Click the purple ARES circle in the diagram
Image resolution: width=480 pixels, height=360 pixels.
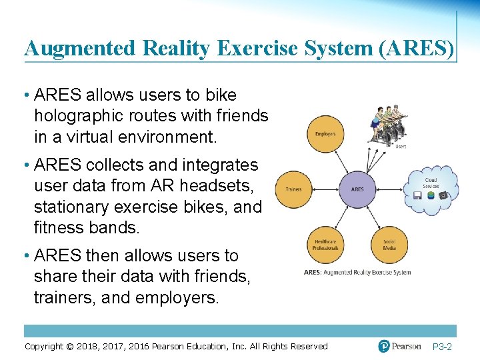click(x=357, y=189)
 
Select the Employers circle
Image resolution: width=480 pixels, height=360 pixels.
click(x=325, y=134)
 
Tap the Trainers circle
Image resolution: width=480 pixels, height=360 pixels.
click(x=293, y=189)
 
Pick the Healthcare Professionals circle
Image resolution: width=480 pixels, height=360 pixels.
click(x=325, y=245)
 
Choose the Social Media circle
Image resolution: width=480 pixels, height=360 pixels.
click(x=389, y=245)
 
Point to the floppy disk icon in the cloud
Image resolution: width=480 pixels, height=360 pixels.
click(x=417, y=195)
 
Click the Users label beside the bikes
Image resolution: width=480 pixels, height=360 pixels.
click(x=401, y=146)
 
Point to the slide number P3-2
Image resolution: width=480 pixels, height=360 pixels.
click(x=442, y=347)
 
